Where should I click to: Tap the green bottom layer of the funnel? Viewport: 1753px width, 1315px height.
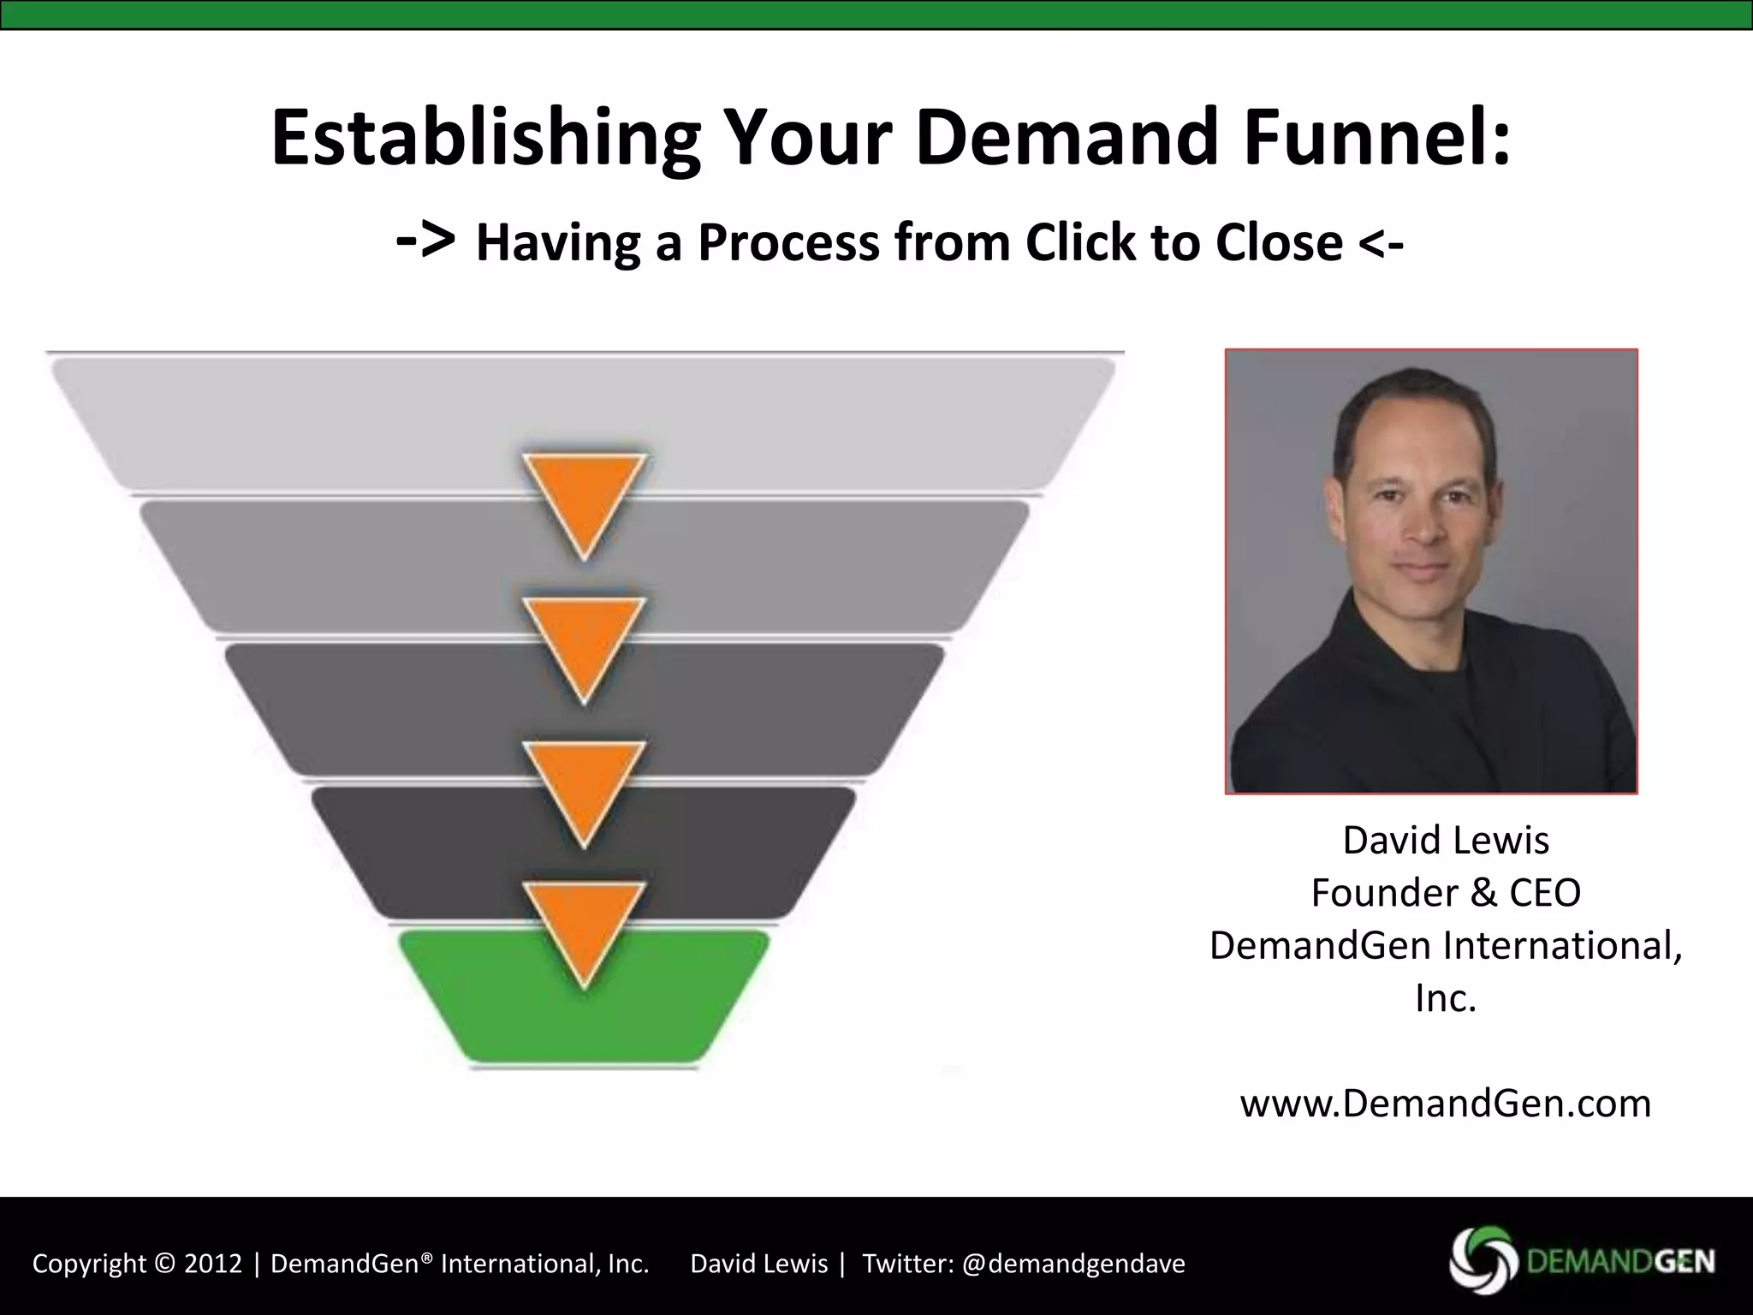tap(584, 1019)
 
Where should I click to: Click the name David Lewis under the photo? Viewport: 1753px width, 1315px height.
tap(1446, 840)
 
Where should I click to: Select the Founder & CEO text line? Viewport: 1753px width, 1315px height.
tap(1446, 893)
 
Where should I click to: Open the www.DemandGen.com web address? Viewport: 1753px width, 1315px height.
tap(1446, 1104)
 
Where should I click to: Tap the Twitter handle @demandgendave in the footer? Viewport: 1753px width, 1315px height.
tap(1073, 1264)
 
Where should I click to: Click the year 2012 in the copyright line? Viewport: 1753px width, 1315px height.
tap(213, 1264)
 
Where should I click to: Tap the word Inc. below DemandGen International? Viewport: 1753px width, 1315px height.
tap(1446, 998)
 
